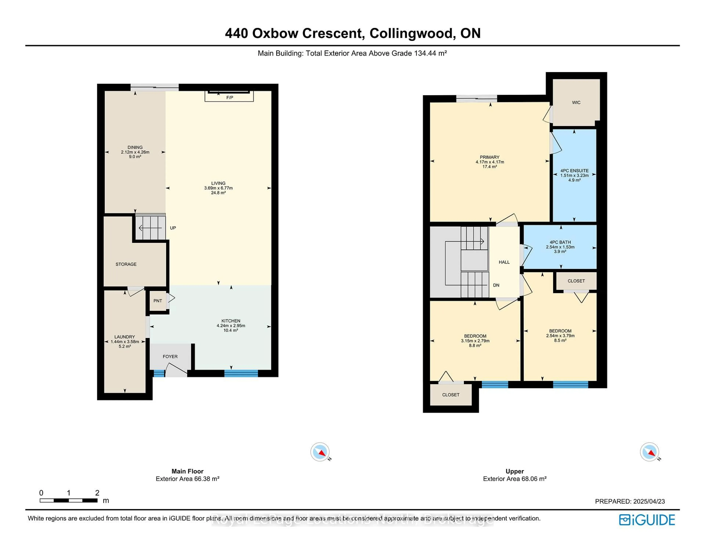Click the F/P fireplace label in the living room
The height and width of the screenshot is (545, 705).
pos(229,98)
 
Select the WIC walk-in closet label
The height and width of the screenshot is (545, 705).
pos(576,103)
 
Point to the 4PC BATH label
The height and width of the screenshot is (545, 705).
pos(560,242)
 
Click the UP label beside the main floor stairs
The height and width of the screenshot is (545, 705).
pos(173,228)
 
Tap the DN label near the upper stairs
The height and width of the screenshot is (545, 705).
pos(496,285)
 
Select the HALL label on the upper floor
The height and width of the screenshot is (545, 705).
pos(504,262)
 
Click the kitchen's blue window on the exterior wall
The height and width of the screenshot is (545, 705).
pos(241,373)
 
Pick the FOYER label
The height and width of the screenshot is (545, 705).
pos(170,356)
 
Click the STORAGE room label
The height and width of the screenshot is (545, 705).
pos(126,264)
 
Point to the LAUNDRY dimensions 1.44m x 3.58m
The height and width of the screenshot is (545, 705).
pos(125,342)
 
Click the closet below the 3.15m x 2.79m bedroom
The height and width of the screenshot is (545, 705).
pos(451,395)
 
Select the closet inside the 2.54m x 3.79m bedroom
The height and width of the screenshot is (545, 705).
pos(576,281)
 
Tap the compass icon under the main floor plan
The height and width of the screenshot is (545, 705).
pos(320,452)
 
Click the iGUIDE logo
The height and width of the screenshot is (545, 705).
pos(647,520)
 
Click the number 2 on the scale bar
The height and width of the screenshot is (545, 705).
pos(97,493)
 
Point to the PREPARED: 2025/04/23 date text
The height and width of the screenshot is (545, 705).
pos(630,501)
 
